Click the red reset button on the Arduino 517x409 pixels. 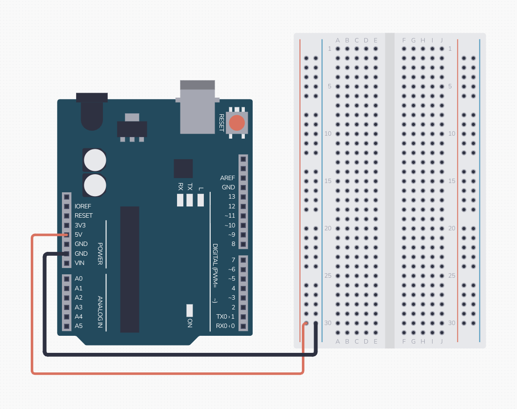point(237,123)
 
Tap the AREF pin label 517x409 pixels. point(227,178)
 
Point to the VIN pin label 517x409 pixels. point(80,263)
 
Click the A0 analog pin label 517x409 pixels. point(79,279)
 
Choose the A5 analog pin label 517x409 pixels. point(79,326)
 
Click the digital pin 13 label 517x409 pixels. point(232,197)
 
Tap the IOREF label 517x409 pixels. point(83,206)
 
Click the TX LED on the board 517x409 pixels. point(190,200)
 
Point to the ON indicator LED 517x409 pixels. point(190,310)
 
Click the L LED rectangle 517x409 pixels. point(200,200)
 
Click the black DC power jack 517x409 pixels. point(92,111)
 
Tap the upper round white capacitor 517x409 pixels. point(95,160)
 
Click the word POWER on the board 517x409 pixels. point(100,254)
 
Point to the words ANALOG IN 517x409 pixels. point(100,312)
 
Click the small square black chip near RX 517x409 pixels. point(183,168)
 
